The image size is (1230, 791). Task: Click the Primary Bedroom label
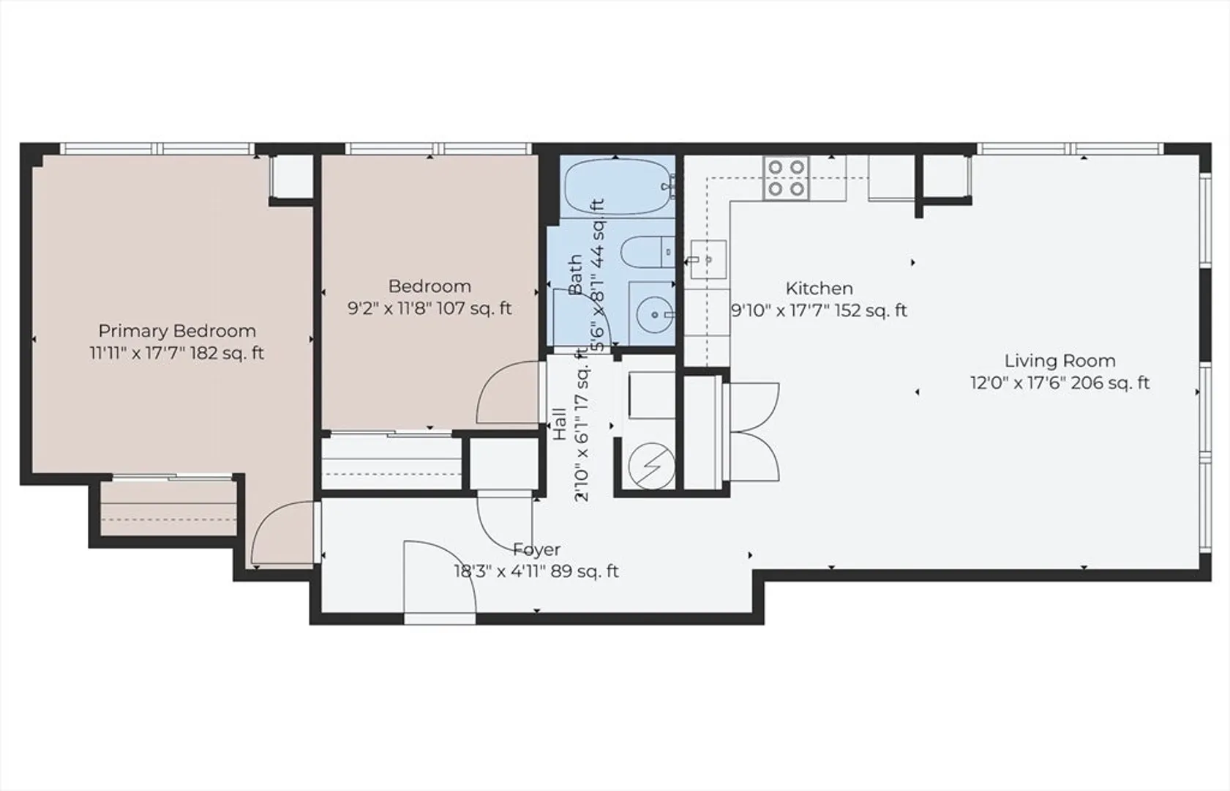(x=177, y=331)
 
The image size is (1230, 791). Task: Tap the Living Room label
(x=1060, y=360)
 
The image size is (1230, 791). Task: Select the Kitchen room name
(x=819, y=288)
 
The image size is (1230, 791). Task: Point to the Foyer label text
(x=536, y=549)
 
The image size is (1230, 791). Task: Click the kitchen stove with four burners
(x=786, y=177)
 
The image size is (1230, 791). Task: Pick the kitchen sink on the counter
(x=708, y=259)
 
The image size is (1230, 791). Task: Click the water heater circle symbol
(x=652, y=466)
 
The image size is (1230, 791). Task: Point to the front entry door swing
(x=440, y=577)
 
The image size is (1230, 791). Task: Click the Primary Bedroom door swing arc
(x=282, y=532)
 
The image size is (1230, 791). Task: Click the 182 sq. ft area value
(x=227, y=353)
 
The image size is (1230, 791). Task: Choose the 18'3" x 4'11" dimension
(x=499, y=571)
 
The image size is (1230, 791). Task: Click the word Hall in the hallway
(x=559, y=424)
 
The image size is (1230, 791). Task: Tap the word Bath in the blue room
(x=575, y=275)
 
